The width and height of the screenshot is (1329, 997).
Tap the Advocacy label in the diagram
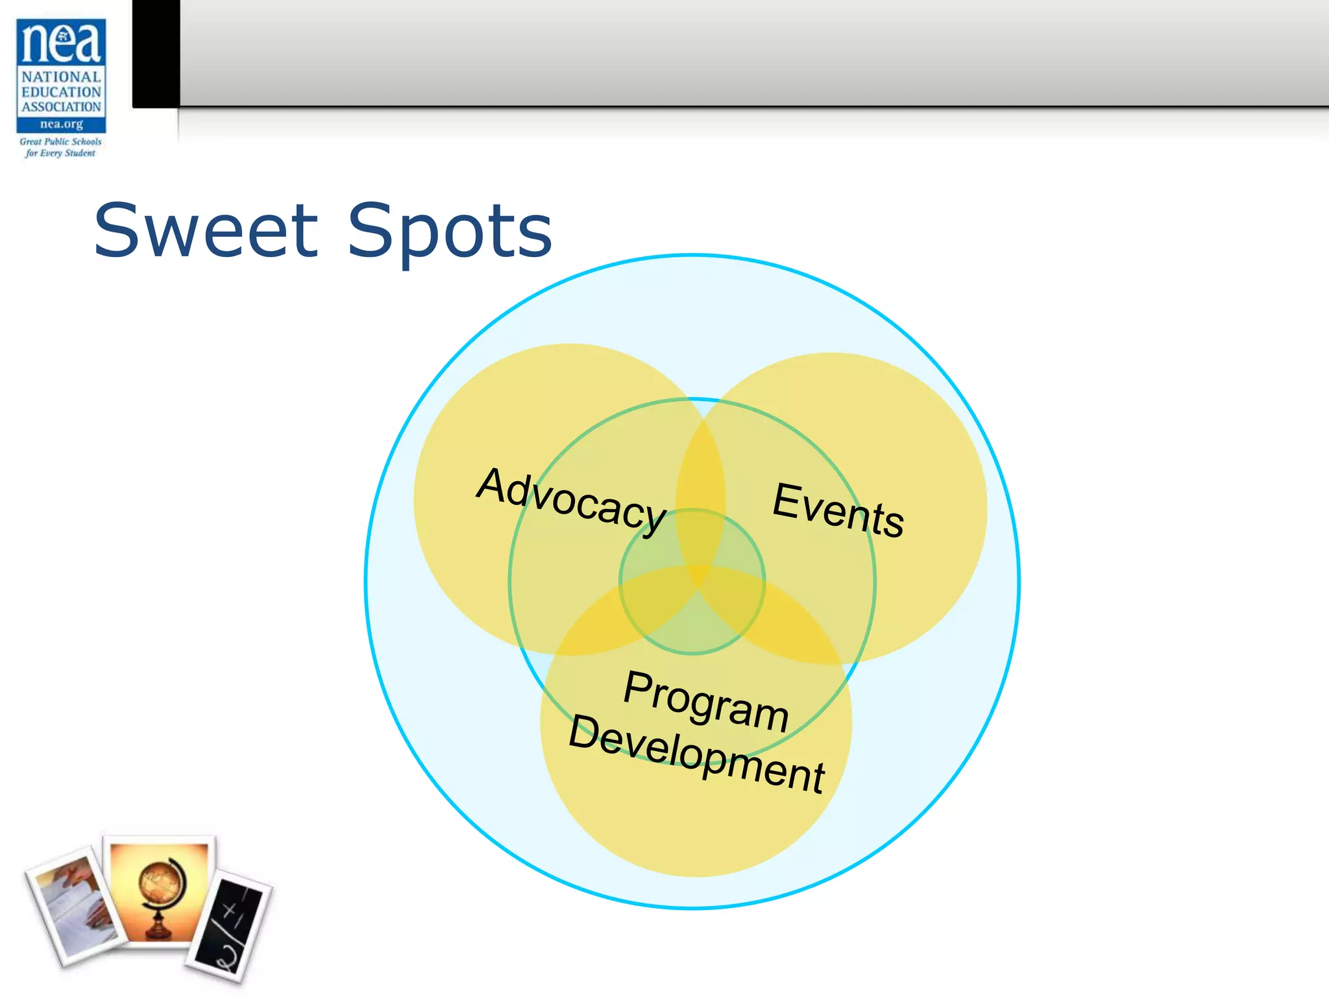coord(571,500)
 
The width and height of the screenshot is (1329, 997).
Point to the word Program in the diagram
coord(705,701)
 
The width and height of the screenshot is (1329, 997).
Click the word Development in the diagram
coord(696,753)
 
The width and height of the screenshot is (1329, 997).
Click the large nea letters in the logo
coord(61,42)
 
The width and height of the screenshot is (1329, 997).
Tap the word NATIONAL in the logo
coord(61,77)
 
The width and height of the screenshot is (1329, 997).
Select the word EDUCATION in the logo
coord(61,92)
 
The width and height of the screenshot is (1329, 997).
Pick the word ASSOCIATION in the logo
coord(61,106)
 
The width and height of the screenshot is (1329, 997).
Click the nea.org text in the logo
coord(61,124)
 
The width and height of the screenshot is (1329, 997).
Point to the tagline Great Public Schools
coord(60,142)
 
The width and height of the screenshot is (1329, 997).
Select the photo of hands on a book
coord(75,905)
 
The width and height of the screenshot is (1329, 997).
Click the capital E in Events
coord(788,501)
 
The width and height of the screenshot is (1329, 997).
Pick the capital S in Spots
coord(371,230)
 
